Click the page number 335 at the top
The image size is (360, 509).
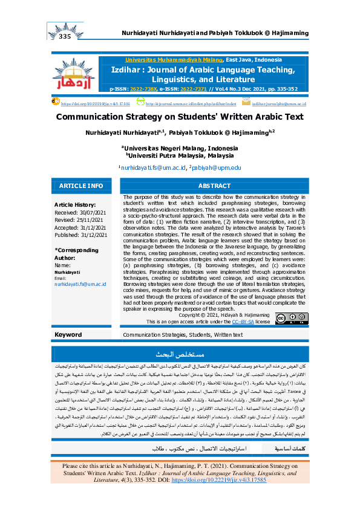click(x=66, y=37)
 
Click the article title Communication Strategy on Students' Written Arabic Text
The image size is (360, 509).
click(x=180, y=118)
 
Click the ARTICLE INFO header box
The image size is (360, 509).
click(x=81, y=186)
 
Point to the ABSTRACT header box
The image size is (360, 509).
click(x=215, y=186)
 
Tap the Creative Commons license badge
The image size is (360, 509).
click(x=296, y=318)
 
